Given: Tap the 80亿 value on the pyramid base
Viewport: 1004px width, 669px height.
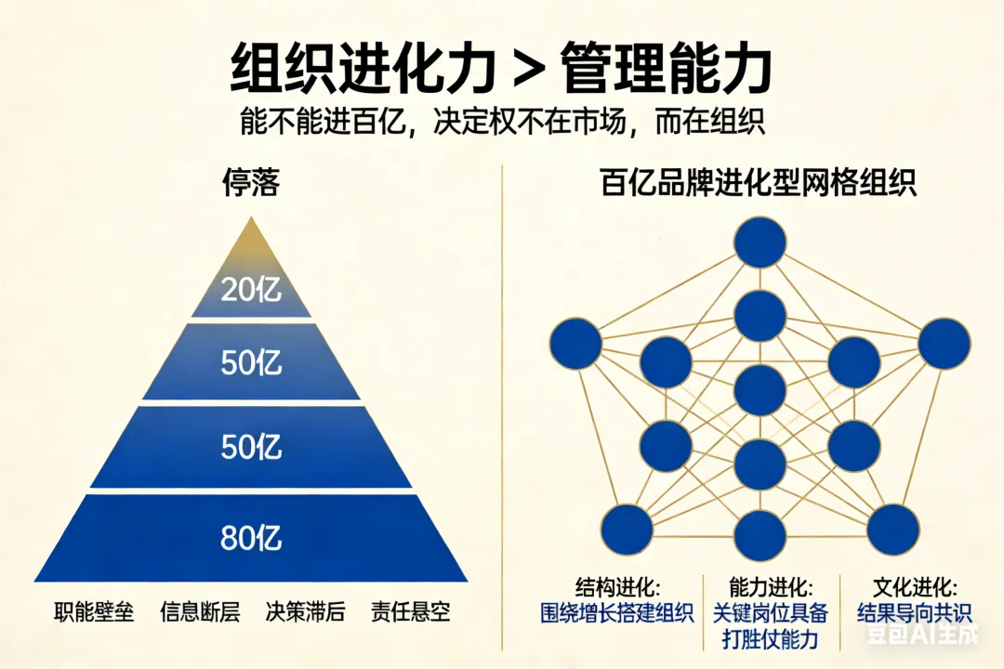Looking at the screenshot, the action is tap(251, 538).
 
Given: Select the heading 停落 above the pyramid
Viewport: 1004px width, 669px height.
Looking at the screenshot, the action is tap(251, 183).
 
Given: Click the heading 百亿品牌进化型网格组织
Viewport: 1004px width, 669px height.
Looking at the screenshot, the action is tap(759, 183).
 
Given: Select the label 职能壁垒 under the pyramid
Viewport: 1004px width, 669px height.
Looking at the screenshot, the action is tap(94, 611).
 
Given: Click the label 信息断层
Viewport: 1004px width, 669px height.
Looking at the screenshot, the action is tap(200, 611).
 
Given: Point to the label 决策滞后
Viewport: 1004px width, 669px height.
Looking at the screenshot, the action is tap(305, 611).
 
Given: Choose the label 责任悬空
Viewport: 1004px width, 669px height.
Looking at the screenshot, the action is tap(410, 611).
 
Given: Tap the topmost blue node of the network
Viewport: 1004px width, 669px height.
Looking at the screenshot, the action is tap(760, 242).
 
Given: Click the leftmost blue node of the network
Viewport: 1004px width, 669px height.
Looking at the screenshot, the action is tap(575, 343).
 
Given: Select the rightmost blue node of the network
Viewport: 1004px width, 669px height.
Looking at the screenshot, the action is tap(944, 343).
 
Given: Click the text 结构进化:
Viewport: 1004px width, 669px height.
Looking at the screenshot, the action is tap(618, 588).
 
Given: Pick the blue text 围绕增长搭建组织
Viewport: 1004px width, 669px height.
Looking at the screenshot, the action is tap(617, 613).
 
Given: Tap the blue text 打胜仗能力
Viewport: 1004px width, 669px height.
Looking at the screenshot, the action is tap(771, 639).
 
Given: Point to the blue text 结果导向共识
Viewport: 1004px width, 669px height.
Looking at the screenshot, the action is tap(916, 613).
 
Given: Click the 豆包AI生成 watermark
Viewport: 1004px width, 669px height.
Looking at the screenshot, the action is tap(921, 636).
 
